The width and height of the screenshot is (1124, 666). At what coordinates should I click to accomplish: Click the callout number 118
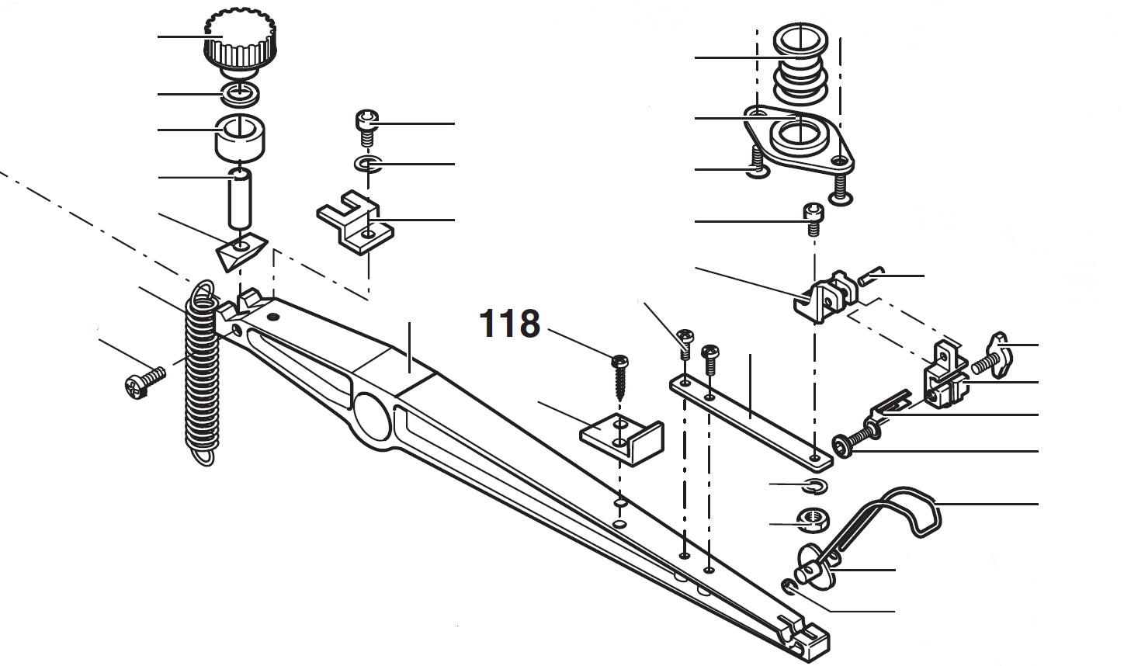coord(509,324)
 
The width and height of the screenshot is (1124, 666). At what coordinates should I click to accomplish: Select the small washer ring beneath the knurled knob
coord(241,94)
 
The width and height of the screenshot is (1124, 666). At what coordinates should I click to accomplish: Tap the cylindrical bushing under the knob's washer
coord(241,137)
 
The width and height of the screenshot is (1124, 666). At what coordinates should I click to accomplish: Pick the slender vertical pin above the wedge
coord(241,199)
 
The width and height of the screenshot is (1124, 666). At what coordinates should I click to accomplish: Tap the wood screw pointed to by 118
coord(619,376)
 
